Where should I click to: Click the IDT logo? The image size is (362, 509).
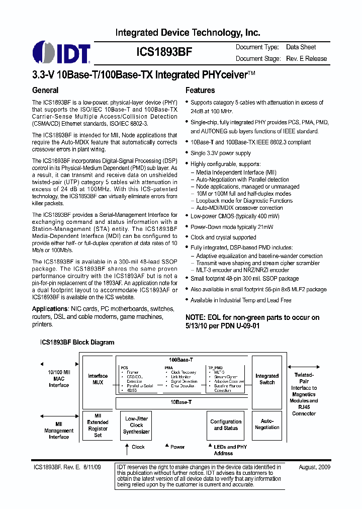tap(61, 53)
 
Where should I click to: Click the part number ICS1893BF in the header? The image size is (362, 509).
tap(164, 52)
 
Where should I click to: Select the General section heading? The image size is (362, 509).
tap(45, 91)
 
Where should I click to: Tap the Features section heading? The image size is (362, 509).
tap(200, 91)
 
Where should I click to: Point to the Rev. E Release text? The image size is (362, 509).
tap(306, 58)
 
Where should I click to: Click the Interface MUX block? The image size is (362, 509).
tap(98, 379)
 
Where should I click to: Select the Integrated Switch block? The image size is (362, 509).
tap(267, 379)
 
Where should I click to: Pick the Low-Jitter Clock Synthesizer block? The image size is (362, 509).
tap(137, 425)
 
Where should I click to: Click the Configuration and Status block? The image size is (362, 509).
tap(226, 425)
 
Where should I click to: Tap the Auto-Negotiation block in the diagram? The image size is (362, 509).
tap(267, 425)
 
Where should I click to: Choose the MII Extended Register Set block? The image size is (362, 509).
tap(98, 425)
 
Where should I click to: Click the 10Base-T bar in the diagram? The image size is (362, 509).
tap(180, 402)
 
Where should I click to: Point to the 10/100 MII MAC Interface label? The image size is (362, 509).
tap(59, 378)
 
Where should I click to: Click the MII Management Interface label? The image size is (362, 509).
tap(59, 431)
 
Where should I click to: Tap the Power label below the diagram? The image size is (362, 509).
tap(177, 447)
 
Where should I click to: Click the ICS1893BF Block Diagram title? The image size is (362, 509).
tap(77, 343)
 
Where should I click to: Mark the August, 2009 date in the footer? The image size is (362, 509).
tap(314, 467)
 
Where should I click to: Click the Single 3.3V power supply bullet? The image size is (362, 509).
tap(220, 153)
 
